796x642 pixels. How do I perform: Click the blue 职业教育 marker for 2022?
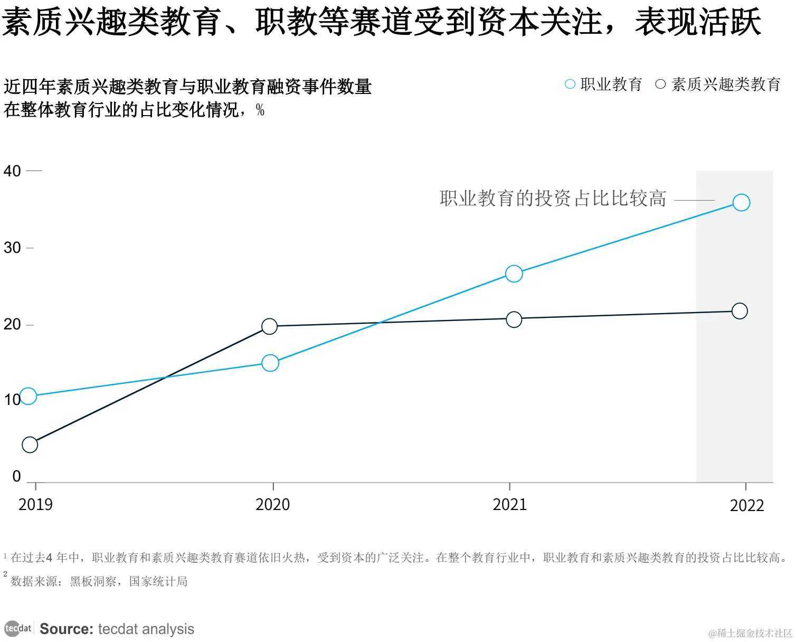[741, 203]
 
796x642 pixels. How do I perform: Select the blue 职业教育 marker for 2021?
[514, 273]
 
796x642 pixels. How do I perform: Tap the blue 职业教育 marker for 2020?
[270, 363]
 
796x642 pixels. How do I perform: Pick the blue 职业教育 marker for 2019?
[29, 396]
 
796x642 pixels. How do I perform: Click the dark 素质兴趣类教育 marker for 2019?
[30, 445]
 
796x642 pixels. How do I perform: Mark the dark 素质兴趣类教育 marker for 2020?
[269, 327]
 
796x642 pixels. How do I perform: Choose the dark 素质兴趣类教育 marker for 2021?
[514, 319]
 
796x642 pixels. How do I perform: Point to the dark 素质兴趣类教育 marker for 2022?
[740, 311]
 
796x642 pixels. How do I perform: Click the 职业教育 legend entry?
[604, 84]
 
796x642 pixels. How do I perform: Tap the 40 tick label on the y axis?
[12, 171]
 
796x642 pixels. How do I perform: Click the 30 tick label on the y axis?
[12, 248]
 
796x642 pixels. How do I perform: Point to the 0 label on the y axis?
[16, 476]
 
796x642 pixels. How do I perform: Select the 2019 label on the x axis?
[35, 505]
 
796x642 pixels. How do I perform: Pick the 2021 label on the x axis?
[509, 505]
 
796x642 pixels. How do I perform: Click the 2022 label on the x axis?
[746, 506]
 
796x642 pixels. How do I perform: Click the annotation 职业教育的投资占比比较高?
[553, 199]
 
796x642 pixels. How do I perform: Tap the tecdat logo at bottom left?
[18, 629]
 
